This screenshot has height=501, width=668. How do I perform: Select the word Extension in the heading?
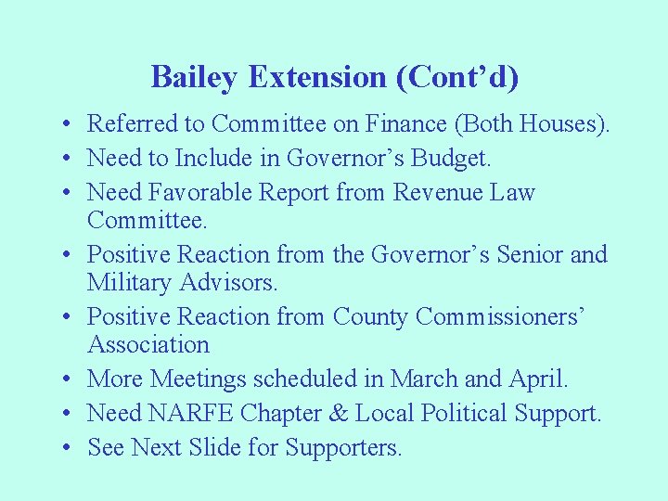318,77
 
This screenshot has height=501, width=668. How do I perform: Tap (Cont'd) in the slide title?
457,77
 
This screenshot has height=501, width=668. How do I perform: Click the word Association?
148,345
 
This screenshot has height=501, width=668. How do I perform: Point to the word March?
424,379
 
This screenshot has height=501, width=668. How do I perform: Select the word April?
537,379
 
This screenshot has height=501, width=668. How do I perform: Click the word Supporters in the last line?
343,448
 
